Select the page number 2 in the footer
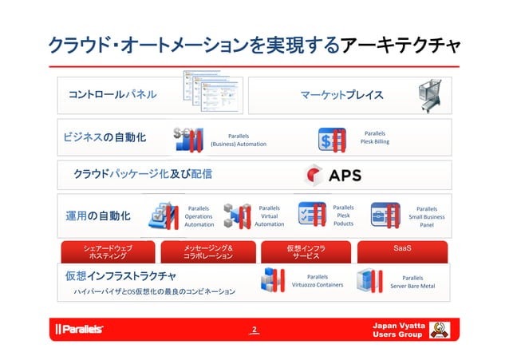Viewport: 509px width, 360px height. click(254, 329)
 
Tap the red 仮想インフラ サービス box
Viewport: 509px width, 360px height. click(306, 252)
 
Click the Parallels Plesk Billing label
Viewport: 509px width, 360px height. click(374, 138)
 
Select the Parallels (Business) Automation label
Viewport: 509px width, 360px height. click(238, 140)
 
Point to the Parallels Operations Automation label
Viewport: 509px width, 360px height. click(199, 216)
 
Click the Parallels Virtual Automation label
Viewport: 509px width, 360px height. click(269, 216)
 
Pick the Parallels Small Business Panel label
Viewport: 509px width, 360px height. click(427, 216)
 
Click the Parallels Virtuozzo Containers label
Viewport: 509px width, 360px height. click(318, 280)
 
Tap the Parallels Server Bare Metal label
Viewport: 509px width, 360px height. click(412, 281)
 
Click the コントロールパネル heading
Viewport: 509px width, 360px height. click(112, 95)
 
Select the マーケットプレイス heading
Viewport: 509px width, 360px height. click(341, 96)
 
